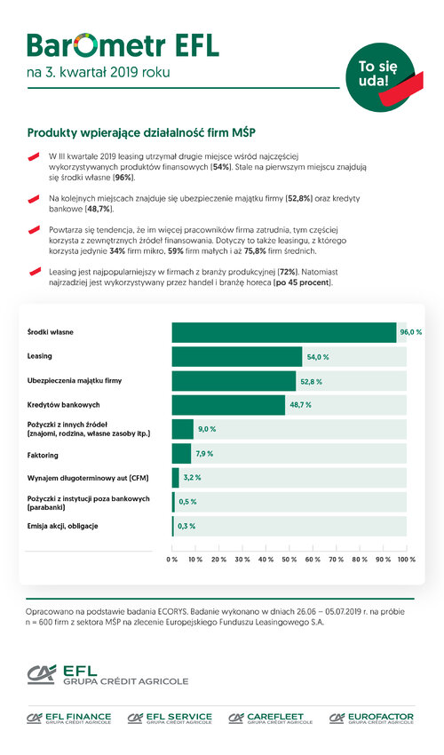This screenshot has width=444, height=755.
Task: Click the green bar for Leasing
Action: (x=237, y=357)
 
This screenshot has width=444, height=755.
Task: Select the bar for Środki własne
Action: (x=284, y=332)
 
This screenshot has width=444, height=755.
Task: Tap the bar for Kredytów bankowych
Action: (x=228, y=405)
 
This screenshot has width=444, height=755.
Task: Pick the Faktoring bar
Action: (x=181, y=454)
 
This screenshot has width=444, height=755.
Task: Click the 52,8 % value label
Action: (x=311, y=382)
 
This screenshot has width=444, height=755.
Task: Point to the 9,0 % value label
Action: (x=207, y=429)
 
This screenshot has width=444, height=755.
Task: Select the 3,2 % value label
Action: (x=192, y=478)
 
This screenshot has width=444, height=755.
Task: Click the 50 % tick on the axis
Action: (x=289, y=560)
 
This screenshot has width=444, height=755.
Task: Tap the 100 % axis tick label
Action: (x=407, y=560)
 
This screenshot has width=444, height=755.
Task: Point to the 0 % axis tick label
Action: (x=172, y=560)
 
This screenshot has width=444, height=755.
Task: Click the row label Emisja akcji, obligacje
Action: (x=62, y=527)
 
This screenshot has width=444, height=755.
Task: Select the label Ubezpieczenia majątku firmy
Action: (x=75, y=381)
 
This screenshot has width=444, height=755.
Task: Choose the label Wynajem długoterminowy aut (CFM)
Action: (x=88, y=478)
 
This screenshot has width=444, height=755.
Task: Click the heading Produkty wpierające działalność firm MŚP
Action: (x=141, y=133)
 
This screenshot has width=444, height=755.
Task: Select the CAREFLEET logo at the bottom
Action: (x=271, y=718)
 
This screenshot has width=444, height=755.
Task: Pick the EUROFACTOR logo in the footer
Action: (x=371, y=718)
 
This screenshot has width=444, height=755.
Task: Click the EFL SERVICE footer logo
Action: (x=170, y=718)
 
